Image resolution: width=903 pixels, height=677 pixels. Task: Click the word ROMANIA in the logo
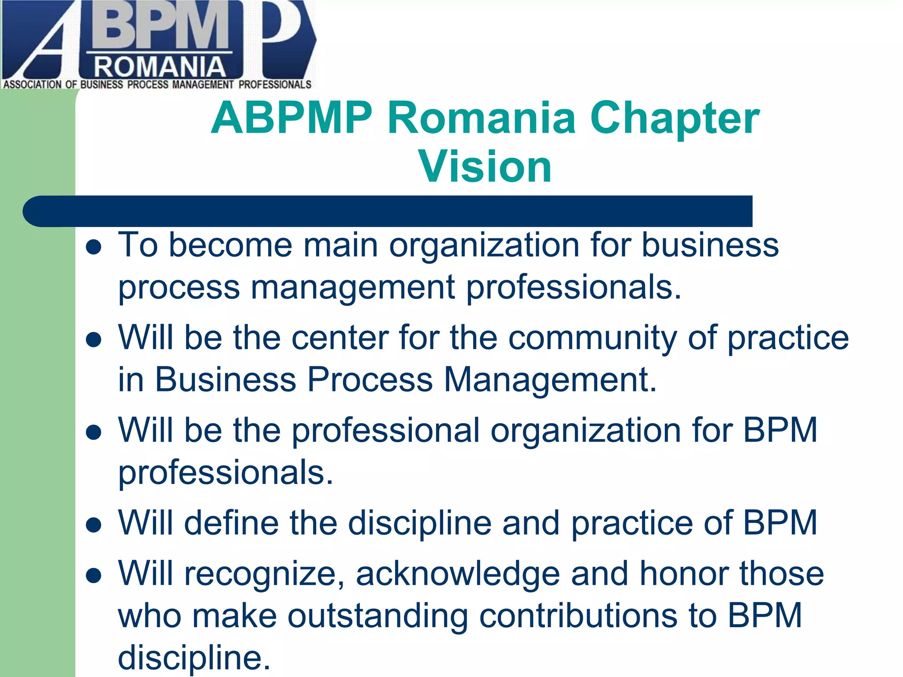[160, 67]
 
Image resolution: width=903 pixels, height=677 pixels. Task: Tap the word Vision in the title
[485, 166]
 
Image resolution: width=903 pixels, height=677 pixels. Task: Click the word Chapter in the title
[675, 118]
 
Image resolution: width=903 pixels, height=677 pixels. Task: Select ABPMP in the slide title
[291, 118]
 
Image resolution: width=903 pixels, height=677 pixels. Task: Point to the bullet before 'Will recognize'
[94, 575]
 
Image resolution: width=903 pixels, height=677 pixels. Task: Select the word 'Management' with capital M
[549, 380]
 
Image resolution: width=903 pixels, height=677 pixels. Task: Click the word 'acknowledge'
[458, 574]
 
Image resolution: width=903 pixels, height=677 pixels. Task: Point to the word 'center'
[340, 338]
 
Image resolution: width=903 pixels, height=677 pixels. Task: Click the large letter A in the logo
[44, 48]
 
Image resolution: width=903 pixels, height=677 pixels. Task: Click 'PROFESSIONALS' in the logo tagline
[275, 85]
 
